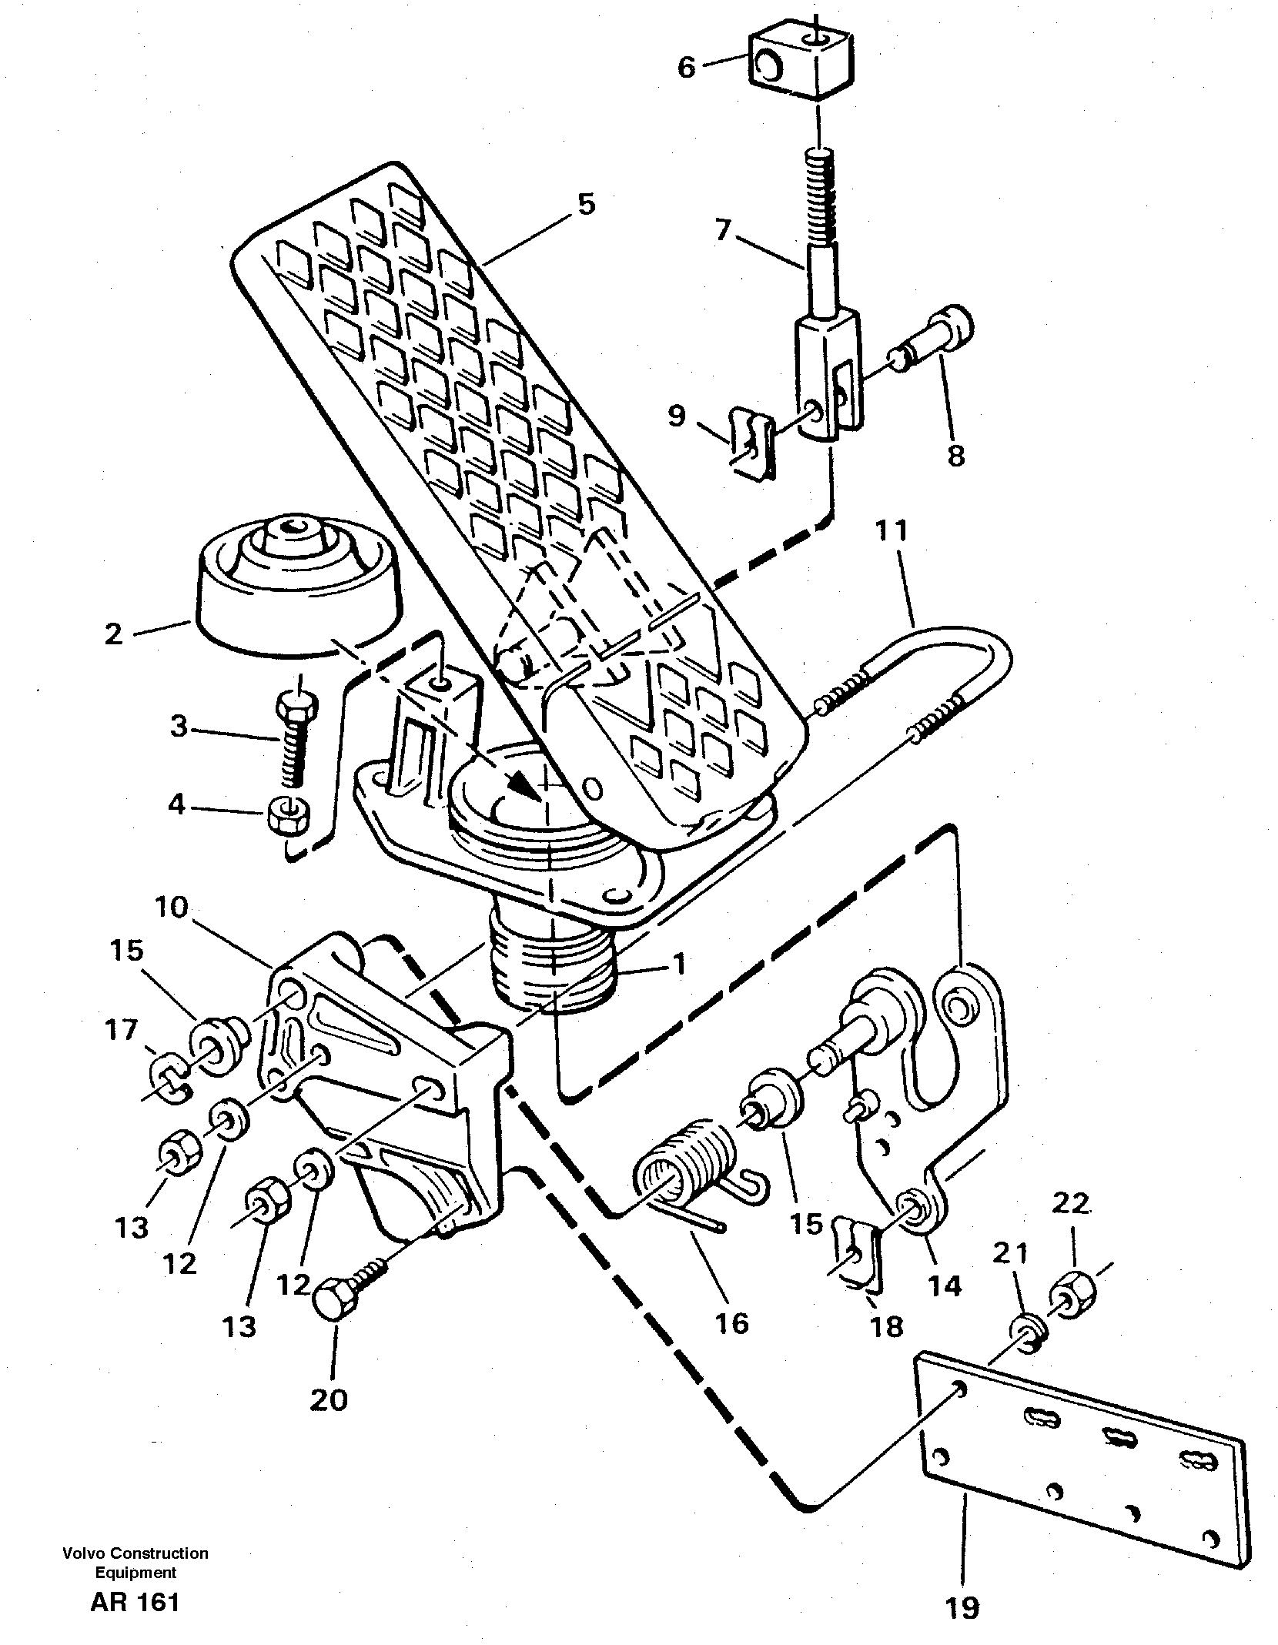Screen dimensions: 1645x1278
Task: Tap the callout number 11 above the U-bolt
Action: tap(892, 532)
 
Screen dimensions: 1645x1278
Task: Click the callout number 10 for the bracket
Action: tap(171, 908)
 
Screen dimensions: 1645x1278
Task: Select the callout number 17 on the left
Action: tap(121, 1029)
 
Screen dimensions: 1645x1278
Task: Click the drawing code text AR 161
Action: tap(135, 1599)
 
